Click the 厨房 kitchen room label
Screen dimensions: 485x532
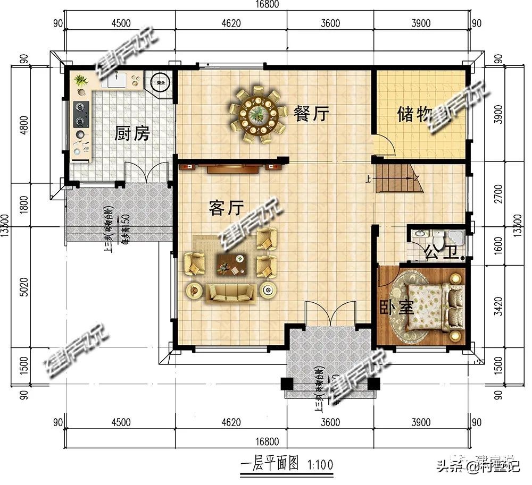click(132, 134)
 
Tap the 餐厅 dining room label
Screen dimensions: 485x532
click(311, 113)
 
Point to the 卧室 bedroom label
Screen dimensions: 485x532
click(396, 308)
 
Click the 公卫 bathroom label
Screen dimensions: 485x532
click(441, 254)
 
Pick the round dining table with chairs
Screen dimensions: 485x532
click(256, 115)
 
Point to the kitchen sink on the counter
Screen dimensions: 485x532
click(117, 80)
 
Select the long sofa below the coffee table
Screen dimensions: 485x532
click(230, 292)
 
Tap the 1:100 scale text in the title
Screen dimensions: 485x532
click(320, 464)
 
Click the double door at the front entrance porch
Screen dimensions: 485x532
click(330, 313)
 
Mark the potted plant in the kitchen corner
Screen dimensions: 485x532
click(81, 80)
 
